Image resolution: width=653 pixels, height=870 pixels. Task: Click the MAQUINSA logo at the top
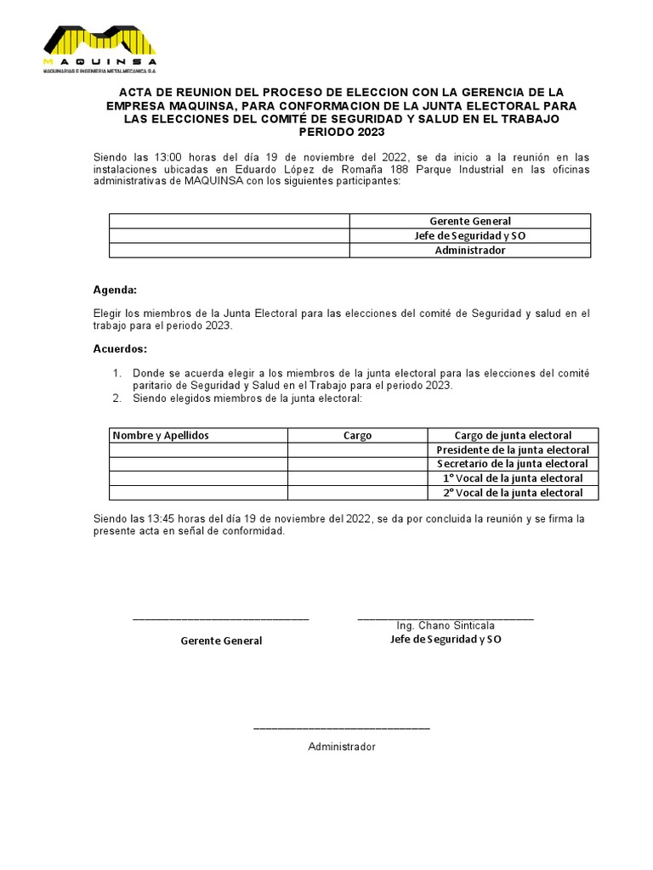99,49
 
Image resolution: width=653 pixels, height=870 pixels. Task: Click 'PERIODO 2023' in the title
341,133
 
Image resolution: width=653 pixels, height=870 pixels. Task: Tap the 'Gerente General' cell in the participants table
469,221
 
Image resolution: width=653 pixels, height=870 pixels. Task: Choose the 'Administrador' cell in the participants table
469,251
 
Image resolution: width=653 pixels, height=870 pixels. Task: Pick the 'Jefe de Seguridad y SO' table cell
469,235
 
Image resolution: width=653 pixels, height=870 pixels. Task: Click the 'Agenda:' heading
114,290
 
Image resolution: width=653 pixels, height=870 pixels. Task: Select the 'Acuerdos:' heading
119,349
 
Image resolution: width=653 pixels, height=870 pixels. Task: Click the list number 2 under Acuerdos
116,398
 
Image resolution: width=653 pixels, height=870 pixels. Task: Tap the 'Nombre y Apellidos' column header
161,435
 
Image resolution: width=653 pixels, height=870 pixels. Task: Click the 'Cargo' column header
357,435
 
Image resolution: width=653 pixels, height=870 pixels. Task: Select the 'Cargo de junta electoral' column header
513,435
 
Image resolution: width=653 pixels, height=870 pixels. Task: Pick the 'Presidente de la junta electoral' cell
513,449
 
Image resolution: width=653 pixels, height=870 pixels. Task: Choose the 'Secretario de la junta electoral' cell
513,464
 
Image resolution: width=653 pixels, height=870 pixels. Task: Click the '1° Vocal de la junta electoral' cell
513,478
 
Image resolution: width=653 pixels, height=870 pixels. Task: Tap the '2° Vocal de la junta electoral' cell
513,493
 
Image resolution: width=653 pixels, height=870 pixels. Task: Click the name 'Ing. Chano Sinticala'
446,626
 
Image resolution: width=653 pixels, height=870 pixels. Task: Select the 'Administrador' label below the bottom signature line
341,747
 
